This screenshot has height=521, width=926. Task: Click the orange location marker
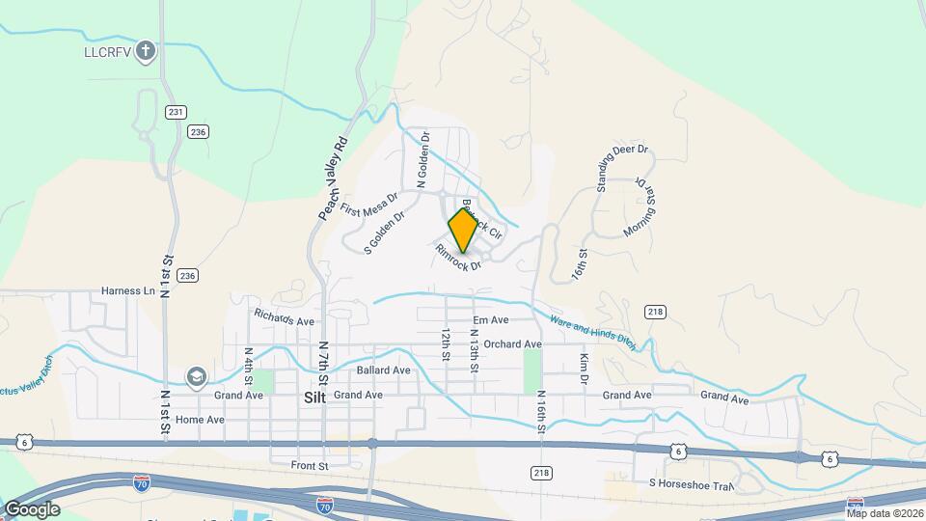pyautogui.click(x=463, y=230)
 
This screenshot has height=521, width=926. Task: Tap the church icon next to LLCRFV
pyautogui.click(x=146, y=49)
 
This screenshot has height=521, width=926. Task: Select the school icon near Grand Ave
pyautogui.click(x=197, y=376)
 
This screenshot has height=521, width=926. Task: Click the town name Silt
pyautogui.click(x=315, y=397)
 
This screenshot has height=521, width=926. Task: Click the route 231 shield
pyautogui.click(x=175, y=112)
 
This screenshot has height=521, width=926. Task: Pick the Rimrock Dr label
pyautogui.click(x=458, y=258)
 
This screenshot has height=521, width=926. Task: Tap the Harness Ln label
pyautogui.click(x=128, y=290)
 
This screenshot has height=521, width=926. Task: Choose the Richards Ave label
pyautogui.click(x=285, y=316)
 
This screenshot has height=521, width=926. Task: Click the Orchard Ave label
pyautogui.click(x=513, y=344)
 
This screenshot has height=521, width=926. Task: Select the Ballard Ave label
pyautogui.click(x=384, y=370)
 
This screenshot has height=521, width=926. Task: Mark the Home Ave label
pyautogui.click(x=200, y=420)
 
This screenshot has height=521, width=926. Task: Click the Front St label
pyautogui.click(x=310, y=465)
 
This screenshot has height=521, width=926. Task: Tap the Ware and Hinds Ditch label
pyautogui.click(x=592, y=331)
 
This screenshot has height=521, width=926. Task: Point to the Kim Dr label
pyautogui.click(x=585, y=369)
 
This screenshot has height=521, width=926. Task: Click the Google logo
pyautogui.click(x=32, y=509)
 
